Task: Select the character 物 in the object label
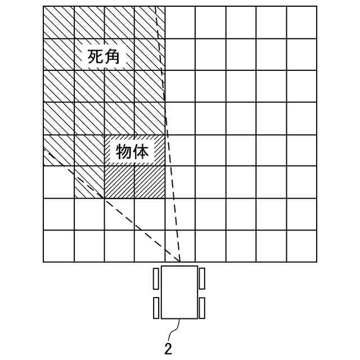[x=124, y=151]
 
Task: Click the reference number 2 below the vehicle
[x=168, y=348]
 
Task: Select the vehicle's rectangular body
[x=179, y=292]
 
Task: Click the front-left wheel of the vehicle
[x=156, y=278]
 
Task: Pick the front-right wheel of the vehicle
[x=202, y=278]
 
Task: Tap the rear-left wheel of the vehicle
[x=156, y=308]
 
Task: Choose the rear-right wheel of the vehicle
[x=202, y=308]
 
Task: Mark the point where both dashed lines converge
[x=180, y=262]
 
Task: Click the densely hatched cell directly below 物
[x=119, y=182]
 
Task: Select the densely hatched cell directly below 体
[x=150, y=182]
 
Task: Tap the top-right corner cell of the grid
[x=301, y=22]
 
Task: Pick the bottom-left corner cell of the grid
[x=58, y=246]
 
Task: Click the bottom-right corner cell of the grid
[x=301, y=246]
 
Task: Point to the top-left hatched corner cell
[x=58, y=22]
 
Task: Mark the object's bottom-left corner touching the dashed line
[x=105, y=198]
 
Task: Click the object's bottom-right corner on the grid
[x=165, y=198]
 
